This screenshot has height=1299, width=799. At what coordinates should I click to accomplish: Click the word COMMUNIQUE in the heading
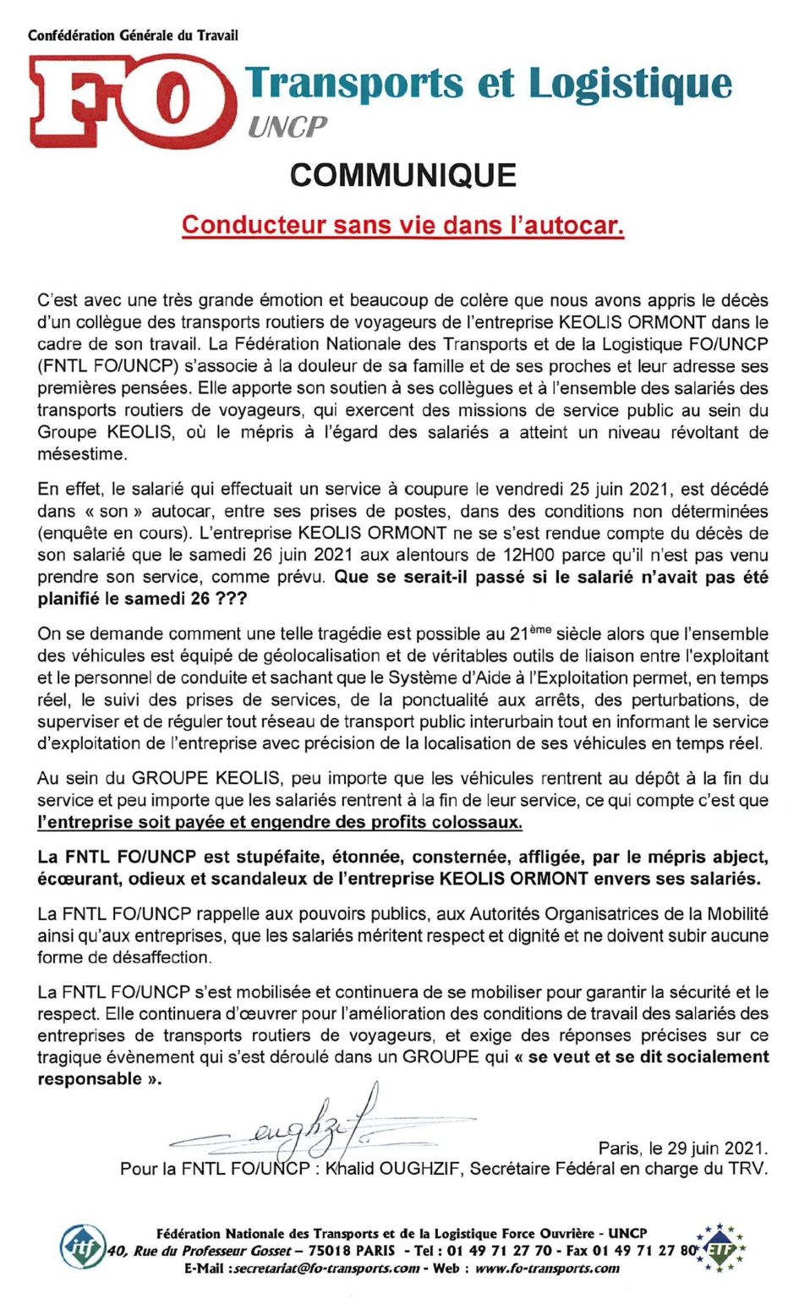(402, 175)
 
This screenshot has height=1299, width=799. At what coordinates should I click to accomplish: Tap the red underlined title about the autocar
(402, 225)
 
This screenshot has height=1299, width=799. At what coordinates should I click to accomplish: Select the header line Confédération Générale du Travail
(133, 36)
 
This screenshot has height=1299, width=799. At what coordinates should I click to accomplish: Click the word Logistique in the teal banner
(630, 84)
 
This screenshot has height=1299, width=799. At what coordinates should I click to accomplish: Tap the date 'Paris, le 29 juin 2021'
(682, 1148)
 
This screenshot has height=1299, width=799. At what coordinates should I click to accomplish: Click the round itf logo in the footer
(82, 1247)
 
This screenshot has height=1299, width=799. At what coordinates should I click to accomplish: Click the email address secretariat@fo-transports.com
(325, 1269)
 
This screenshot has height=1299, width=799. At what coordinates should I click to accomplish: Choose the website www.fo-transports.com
(547, 1269)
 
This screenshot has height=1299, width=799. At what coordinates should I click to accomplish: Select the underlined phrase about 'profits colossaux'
(280, 822)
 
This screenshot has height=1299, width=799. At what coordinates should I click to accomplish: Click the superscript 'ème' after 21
(541, 628)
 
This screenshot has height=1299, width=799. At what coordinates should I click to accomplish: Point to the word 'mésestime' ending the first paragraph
(82, 454)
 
